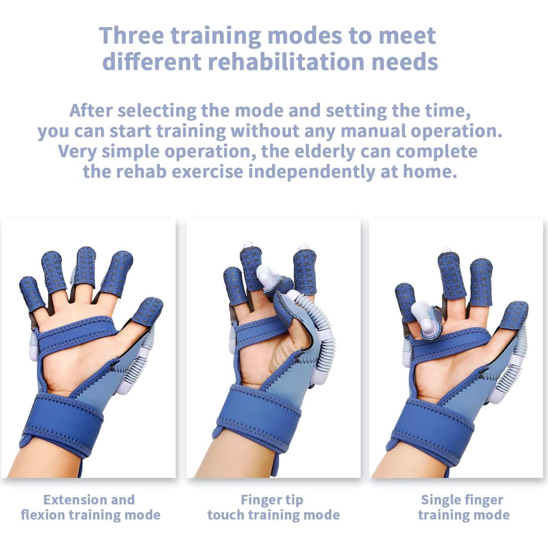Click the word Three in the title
point(131,35)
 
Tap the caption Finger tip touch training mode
point(273,507)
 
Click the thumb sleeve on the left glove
point(148,311)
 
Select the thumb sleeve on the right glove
point(513,315)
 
